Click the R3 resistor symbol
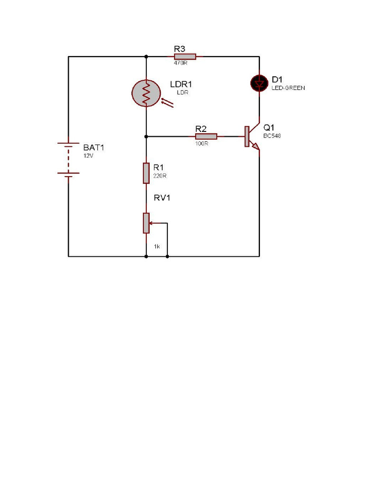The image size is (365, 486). pyautogui.click(x=185, y=56)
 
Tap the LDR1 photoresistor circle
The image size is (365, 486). pyautogui.click(x=146, y=93)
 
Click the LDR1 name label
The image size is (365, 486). pyautogui.click(x=181, y=84)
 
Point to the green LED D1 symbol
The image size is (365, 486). pyautogui.click(x=259, y=84)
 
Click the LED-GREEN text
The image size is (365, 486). pyautogui.click(x=288, y=88)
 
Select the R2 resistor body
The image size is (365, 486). pyautogui.click(x=206, y=136)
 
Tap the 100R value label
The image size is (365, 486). pyautogui.click(x=202, y=143)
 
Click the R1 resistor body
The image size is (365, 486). pyautogui.click(x=146, y=173)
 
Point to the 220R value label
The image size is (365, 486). pyautogui.click(x=160, y=176)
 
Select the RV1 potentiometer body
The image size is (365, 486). pyautogui.click(x=146, y=223)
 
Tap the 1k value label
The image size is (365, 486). pyautogui.click(x=156, y=246)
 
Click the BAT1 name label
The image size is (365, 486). pyautogui.click(x=93, y=148)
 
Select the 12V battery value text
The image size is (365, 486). pyautogui.click(x=89, y=156)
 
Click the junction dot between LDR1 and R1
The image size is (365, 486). pyautogui.click(x=146, y=136)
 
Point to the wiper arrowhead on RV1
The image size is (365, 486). pyautogui.click(x=152, y=223)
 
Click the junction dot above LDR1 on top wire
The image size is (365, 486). pyautogui.click(x=146, y=57)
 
